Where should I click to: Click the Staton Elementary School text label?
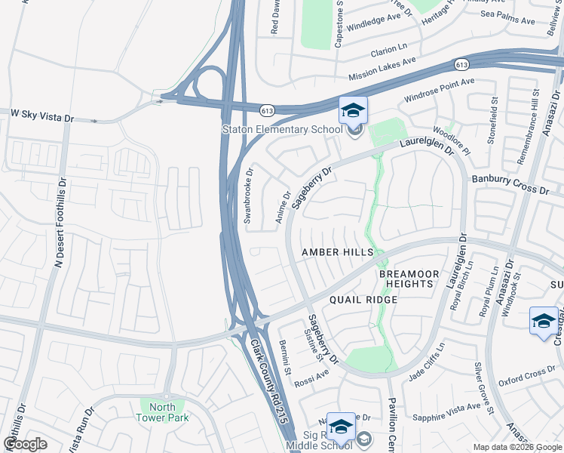tap(282, 129)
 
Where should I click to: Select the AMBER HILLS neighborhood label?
tap(337, 251)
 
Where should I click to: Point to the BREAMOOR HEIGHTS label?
tap(406, 278)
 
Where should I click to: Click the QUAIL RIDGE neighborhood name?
tap(363, 300)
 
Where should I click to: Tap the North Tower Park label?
tap(164, 411)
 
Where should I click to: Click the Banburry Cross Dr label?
tap(510, 184)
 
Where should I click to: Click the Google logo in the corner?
tap(25, 443)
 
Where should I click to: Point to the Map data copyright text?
tap(516, 447)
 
